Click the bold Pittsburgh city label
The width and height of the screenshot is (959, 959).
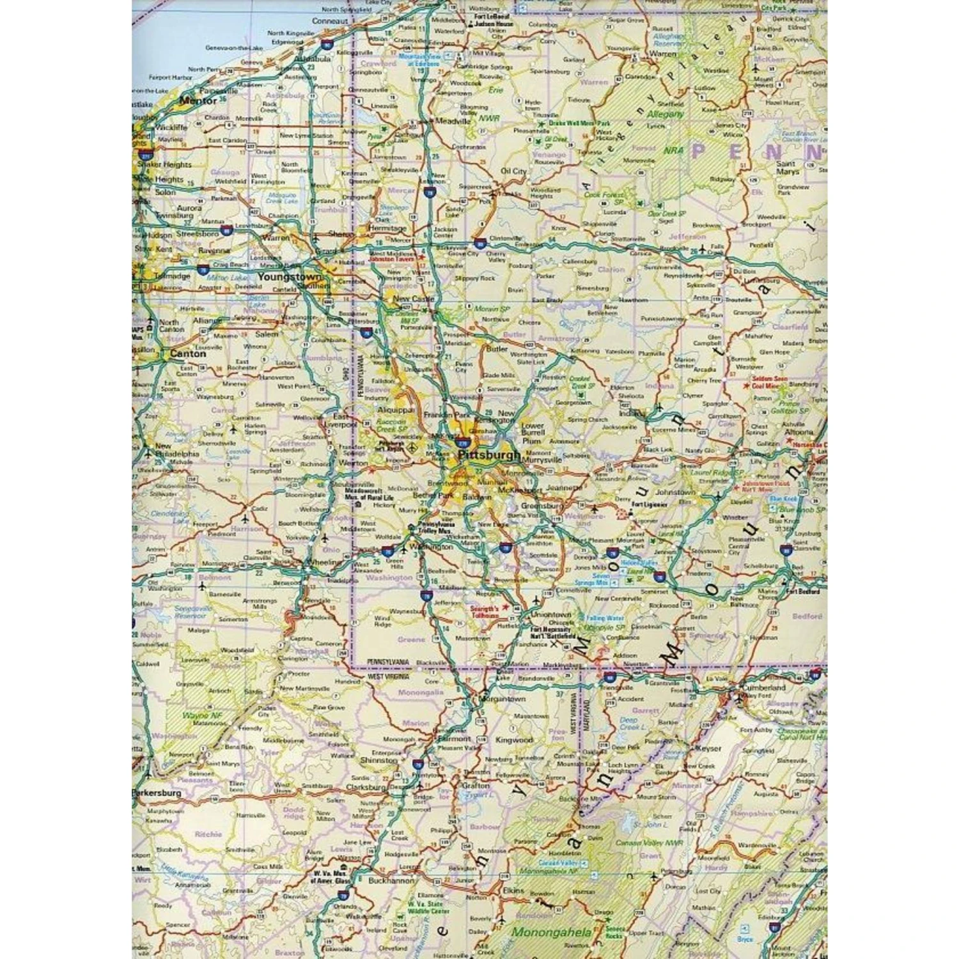(489, 455)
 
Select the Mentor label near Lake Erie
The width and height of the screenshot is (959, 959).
(198, 100)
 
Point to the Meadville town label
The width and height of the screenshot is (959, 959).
(453, 121)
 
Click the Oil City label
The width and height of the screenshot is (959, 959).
(513, 171)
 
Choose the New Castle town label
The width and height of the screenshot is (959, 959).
(413, 299)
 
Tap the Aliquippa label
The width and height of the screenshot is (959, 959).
(396, 410)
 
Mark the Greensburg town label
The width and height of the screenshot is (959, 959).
(542, 506)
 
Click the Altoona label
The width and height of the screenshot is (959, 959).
(799, 432)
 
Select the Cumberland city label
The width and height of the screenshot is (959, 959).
(763, 687)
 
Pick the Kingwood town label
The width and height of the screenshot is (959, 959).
(514, 740)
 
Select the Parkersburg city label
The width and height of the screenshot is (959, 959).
(157, 793)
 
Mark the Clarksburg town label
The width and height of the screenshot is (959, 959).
(366, 787)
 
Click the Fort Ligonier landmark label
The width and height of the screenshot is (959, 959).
(650, 504)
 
